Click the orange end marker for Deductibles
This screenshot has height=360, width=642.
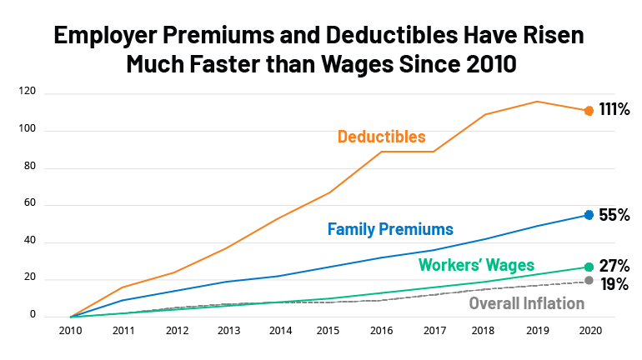tap(589, 111)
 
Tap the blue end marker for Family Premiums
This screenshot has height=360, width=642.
tap(589, 215)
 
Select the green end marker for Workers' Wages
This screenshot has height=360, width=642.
tap(589, 267)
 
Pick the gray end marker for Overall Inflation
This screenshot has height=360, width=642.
tap(589, 281)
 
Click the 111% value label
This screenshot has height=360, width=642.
tap(614, 109)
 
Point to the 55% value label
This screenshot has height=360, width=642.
tap(614, 215)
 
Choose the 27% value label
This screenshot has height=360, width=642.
tap(614, 267)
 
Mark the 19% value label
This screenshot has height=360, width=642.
tap(614, 284)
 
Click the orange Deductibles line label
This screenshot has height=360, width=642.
tap(382, 136)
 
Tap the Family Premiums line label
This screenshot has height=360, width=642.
tap(390, 228)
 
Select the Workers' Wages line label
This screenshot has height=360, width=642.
tap(476, 265)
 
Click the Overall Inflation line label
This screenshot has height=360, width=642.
tap(527, 302)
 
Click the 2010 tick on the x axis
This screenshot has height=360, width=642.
tap(70, 330)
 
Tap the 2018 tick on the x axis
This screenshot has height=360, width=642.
tap(484, 330)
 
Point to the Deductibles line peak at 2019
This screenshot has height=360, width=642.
tap(537, 102)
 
